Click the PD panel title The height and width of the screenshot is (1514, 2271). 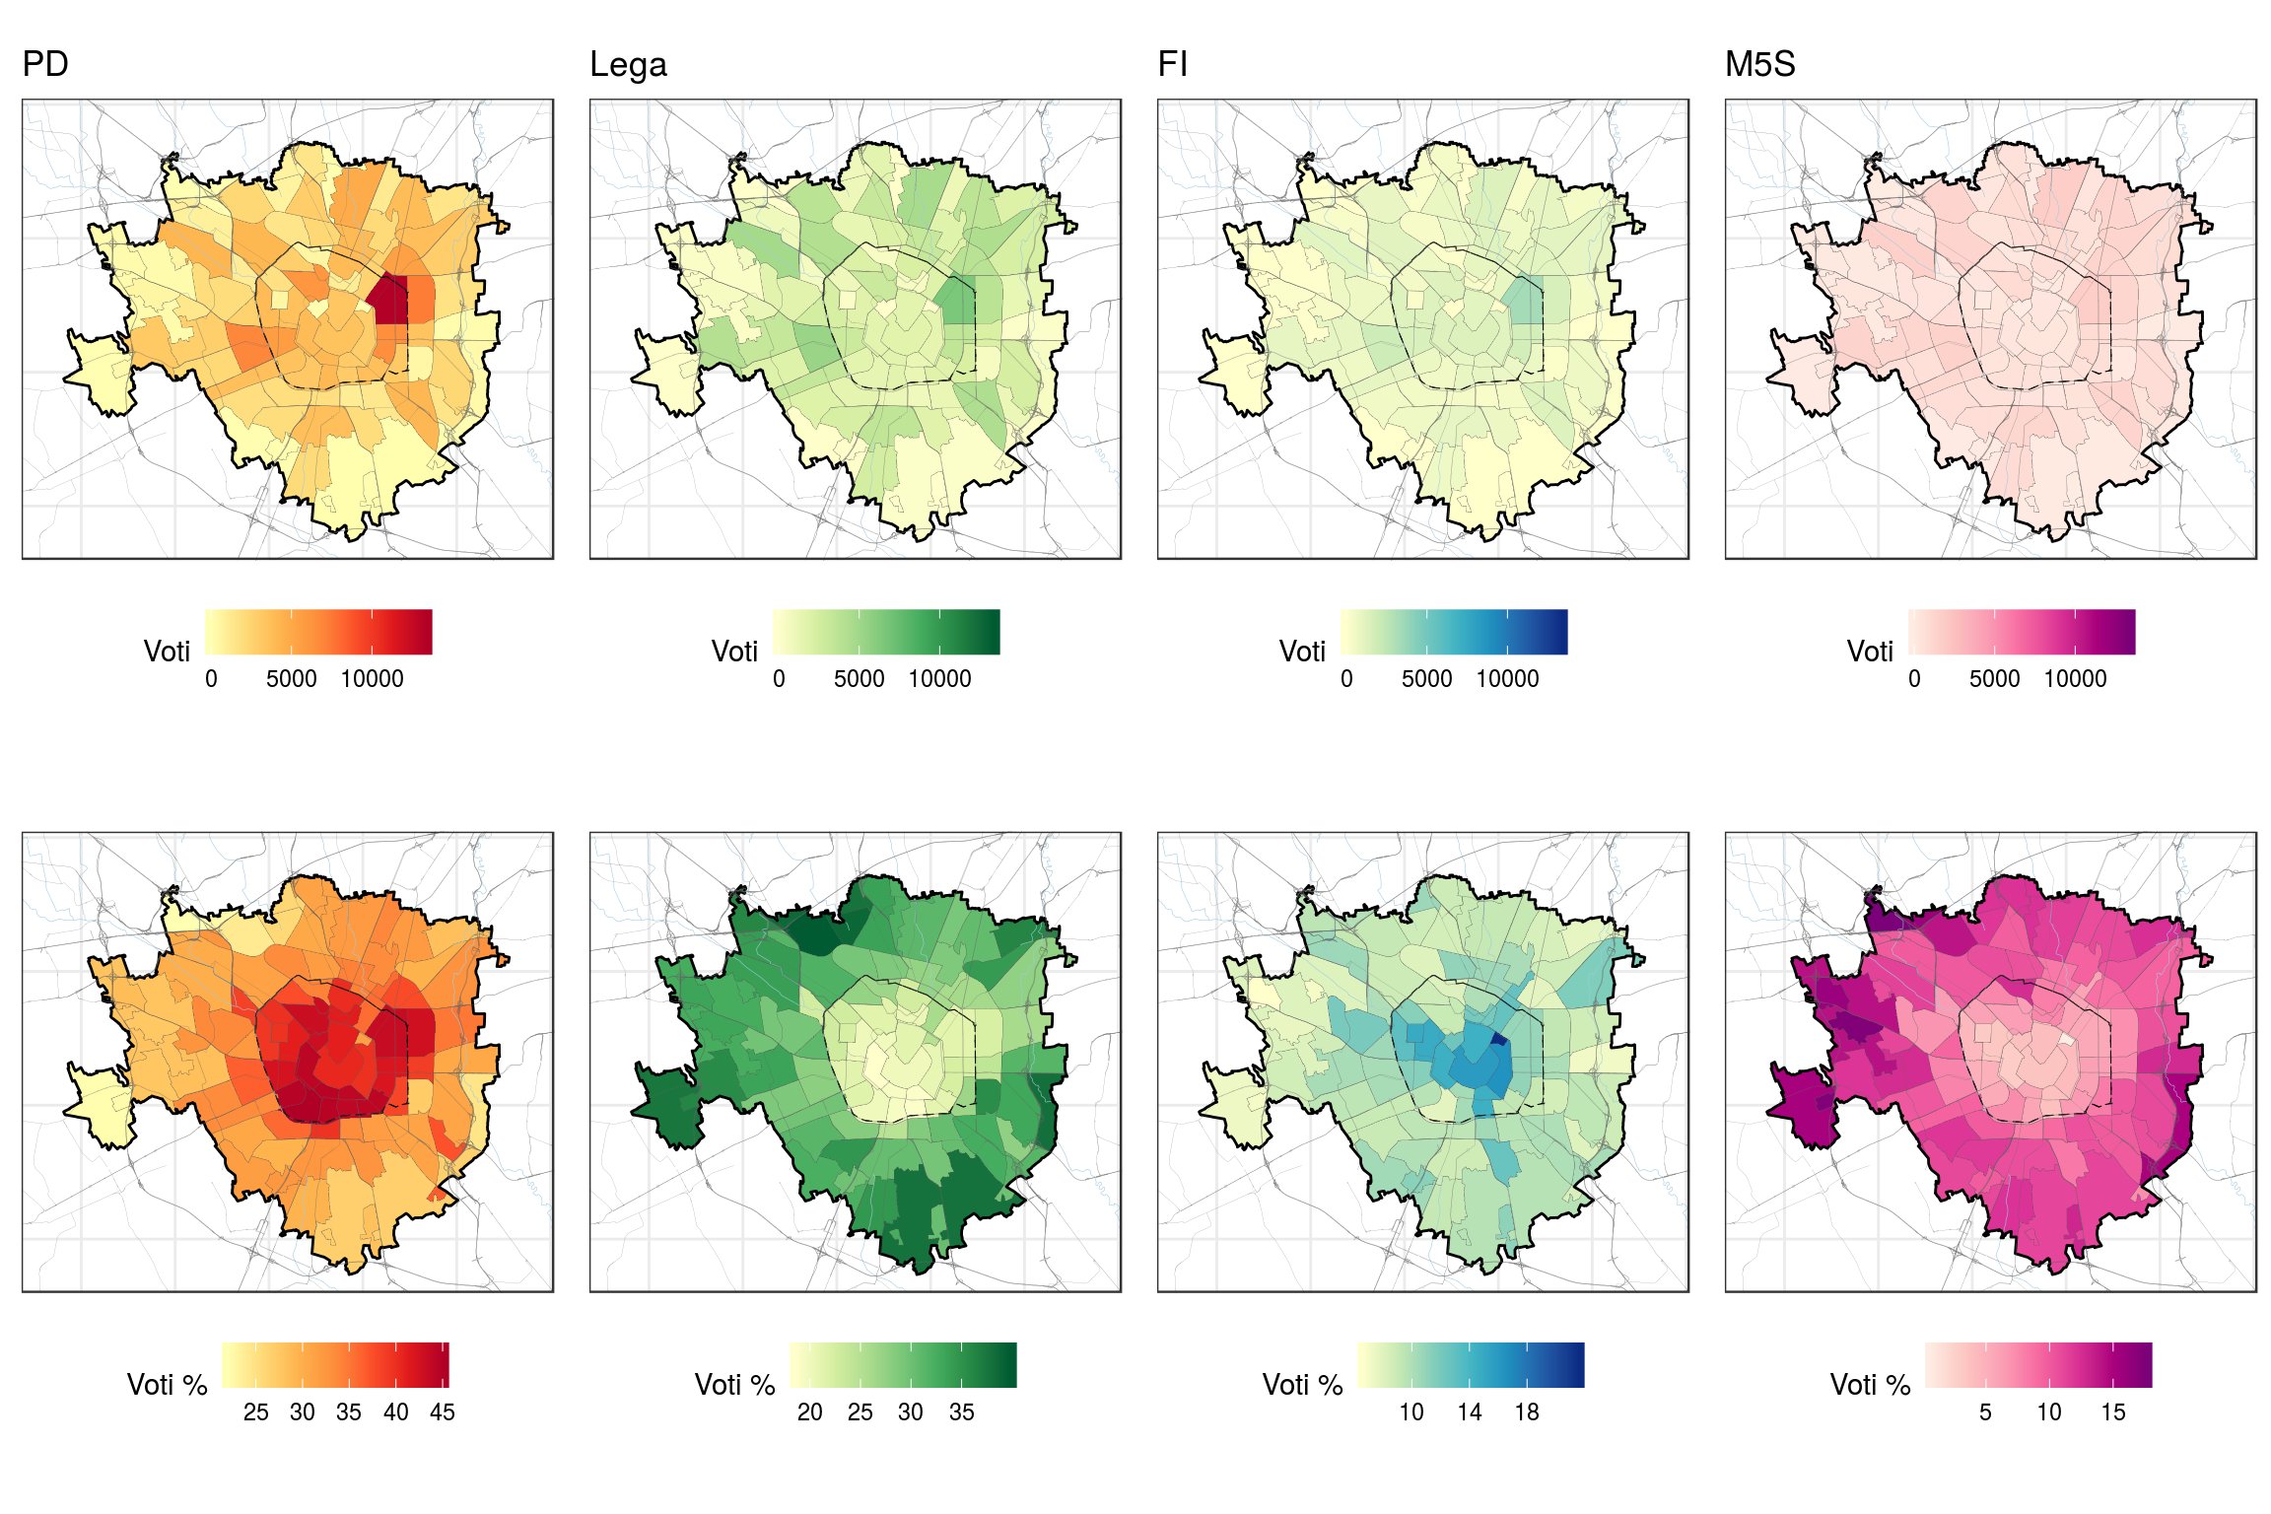click(45, 65)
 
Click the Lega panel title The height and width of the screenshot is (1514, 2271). click(628, 65)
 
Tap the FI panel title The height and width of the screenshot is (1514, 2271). click(1172, 65)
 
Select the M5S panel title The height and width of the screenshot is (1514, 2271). click(1759, 65)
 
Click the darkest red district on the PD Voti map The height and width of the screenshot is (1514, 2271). click(390, 299)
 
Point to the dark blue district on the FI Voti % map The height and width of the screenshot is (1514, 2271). click(1499, 1040)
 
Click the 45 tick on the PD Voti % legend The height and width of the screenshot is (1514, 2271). click(443, 1412)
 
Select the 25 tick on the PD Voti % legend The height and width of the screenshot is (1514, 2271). click(256, 1412)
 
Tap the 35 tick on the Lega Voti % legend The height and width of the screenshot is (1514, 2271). click(962, 1412)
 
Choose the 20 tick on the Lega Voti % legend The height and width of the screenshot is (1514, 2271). click(810, 1412)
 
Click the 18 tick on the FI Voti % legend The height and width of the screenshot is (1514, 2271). click(1527, 1412)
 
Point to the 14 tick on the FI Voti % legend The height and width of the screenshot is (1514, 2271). click(1470, 1412)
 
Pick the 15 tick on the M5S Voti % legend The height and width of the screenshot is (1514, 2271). click(2113, 1412)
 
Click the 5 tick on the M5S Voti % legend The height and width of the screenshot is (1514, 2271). click(1985, 1412)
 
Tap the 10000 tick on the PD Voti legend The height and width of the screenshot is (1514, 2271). click(373, 679)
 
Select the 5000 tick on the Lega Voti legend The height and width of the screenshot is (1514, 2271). click(859, 679)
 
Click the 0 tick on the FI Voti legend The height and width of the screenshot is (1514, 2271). click(1346, 679)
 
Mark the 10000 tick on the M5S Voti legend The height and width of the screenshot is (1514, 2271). click(2075, 679)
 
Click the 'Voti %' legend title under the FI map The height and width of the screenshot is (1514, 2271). click(1302, 1385)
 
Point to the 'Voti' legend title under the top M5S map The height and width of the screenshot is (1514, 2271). click(1870, 652)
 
